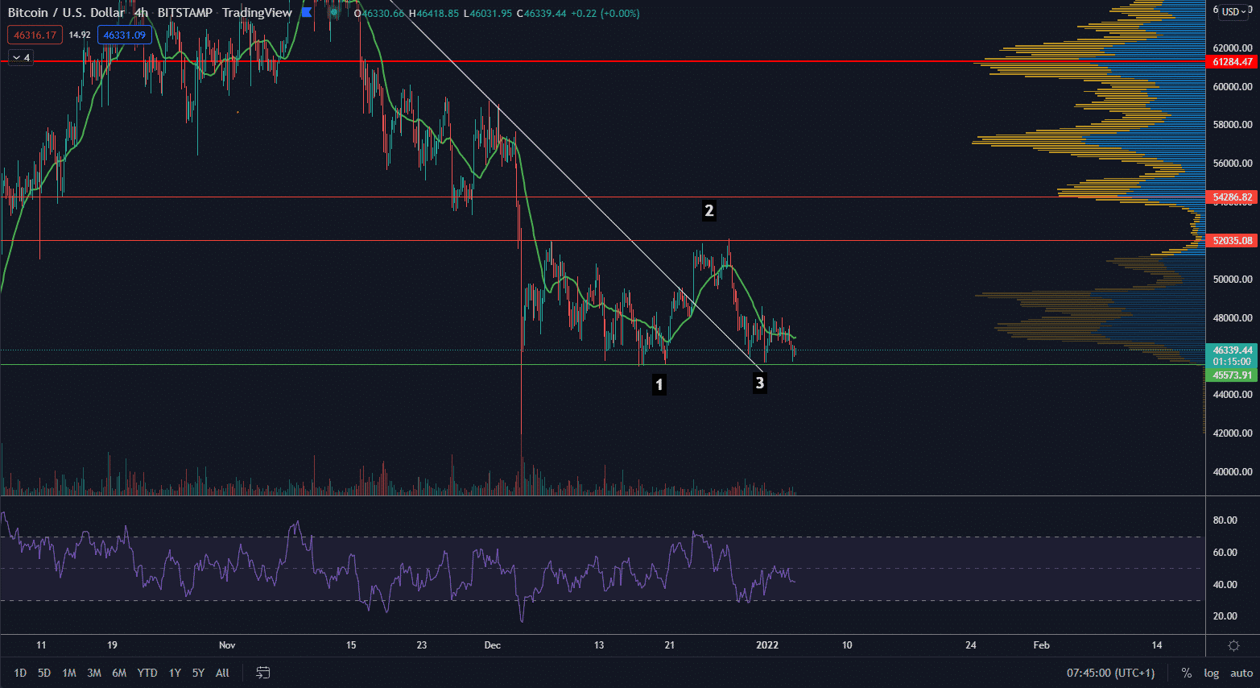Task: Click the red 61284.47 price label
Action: point(1232,62)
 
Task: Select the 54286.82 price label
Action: point(1232,197)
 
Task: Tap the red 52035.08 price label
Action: point(1232,241)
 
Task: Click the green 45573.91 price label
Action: point(1232,375)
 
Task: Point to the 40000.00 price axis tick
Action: point(1232,472)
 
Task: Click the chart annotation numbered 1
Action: point(659,384)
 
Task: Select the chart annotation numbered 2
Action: point(708,211)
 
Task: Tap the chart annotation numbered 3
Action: point(759,383)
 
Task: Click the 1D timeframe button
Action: point(20,673)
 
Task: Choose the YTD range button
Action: point(147,673)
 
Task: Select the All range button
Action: point(222,673)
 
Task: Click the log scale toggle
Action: point(1211,673)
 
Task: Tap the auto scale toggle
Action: point(1241,673)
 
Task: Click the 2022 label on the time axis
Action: point(767,644)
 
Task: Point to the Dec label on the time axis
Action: point(492,644)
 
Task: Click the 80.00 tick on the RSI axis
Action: point(1225,520)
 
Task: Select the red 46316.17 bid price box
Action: point(35,35)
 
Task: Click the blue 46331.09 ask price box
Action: point(124,35)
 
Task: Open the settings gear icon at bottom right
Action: point(1233,645)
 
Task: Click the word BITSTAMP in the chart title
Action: point(184,13)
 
